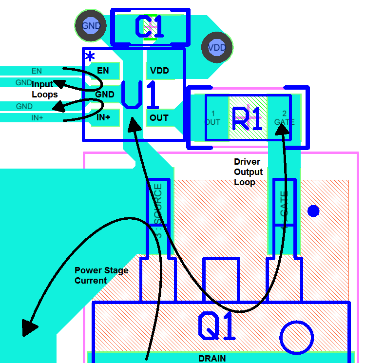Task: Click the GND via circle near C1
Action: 91,25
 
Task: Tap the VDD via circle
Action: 217,48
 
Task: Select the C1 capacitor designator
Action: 149,27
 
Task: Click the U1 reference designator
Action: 140,95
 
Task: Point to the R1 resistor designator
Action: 248,118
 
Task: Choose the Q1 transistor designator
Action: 217,326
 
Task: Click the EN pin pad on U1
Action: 104,71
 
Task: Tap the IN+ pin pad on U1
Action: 104,117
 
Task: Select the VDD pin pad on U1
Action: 160,71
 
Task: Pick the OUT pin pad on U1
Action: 159,117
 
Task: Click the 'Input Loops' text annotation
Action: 44,90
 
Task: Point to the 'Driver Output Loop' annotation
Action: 249,172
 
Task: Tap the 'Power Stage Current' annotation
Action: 101,275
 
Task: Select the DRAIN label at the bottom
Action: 212,358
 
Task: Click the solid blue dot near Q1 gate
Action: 313,210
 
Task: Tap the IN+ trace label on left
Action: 37,117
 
